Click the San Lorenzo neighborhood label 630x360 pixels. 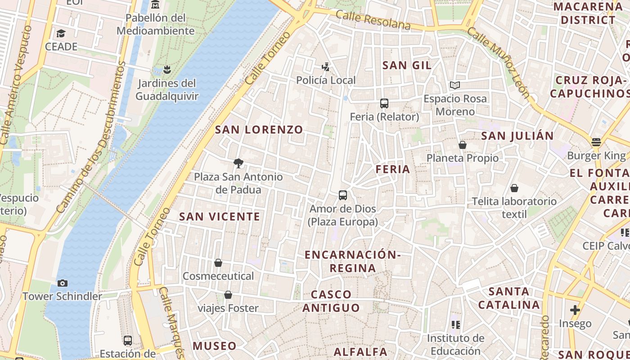pyautogui.click(x=259, y=130)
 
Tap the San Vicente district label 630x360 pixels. pyautogui.click(x=220, y=216)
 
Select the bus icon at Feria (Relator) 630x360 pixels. pyautogui.click(x=384, y=103)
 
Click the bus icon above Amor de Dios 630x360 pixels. pyautogui.click(x=343, y=195)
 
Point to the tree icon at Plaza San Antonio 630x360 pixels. pyautogui.click(x=238, y=163)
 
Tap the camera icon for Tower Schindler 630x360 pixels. pyautogui.click(x=63, y=283)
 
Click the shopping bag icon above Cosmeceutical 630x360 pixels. pyautogui.click(x=218, y=262)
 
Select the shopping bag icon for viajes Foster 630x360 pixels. pyautogui.click(x=228, y=295)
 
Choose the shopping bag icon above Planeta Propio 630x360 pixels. pyautogui.click(x=462, y=144)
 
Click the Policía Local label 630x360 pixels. pyautogui.click(x=326, y=80)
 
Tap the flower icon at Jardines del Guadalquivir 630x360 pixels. pyautogui.click(x=167, y=69)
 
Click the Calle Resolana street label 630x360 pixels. pyautogui.click(x=373, y=21)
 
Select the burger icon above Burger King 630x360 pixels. pyautogui.click(x=596, y=142)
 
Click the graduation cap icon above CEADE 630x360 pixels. pyautogui.click(x=61, y=33)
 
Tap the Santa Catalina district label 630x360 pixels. pyautogui.click(x=508, y=298)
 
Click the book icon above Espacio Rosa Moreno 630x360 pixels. pyautogui.click(x=455, y=85)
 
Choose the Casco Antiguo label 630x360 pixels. pyautogui.click(x=331, y=301)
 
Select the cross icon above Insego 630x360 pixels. pyautogui.click(x=575, y=310)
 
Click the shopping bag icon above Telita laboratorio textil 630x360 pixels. pyautogui.click(x=514, y=188)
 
